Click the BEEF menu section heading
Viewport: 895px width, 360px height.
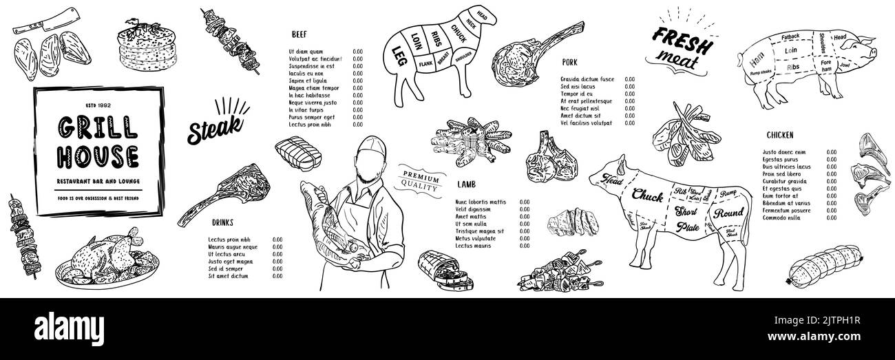pyautogui.click(x=299, y=33)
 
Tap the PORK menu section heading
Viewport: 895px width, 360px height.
pyautogui.click(x=569, y=62)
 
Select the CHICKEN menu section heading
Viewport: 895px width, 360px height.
pyautogui.click(x=779, y=134)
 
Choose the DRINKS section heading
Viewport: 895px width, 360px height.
pyautogui.click(x=222, y=222)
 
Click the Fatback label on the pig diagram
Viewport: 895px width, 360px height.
pyautogui.click(x=789, y=36)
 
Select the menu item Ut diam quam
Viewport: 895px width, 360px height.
pyautogui.click(x=306, y=51)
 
